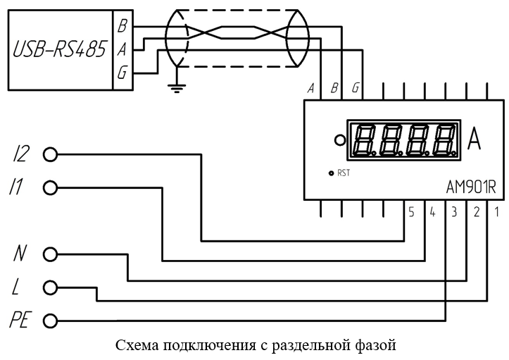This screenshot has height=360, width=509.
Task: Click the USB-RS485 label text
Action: tap(59, 50)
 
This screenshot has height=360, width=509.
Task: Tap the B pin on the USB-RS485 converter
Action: tap(122, 26)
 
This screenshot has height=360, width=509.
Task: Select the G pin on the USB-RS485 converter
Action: tap(122, 73)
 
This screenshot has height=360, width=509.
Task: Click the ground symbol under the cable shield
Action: tap(177, 88)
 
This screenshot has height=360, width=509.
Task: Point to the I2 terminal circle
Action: tap(50, 154)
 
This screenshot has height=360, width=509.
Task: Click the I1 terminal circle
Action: tap(50, 188)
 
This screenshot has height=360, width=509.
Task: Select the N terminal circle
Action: tap(50, 254)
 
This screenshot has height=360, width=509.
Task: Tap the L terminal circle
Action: tap(50, 287)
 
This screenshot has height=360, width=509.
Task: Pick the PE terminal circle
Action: tap(50, 321)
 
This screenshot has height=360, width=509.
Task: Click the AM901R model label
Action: tap(471, 187)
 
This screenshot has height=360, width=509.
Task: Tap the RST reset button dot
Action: tap(331, 173)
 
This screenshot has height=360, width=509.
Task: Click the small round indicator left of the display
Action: tap(340, 140)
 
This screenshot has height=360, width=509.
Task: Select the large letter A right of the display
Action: tap(474, 140)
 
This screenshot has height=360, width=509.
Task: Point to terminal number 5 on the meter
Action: tap(411, 212)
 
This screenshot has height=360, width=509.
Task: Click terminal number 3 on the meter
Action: tap(454, 212)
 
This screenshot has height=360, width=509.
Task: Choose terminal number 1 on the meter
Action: tap(496, 212)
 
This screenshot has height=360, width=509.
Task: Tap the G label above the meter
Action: tap(356, 88)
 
